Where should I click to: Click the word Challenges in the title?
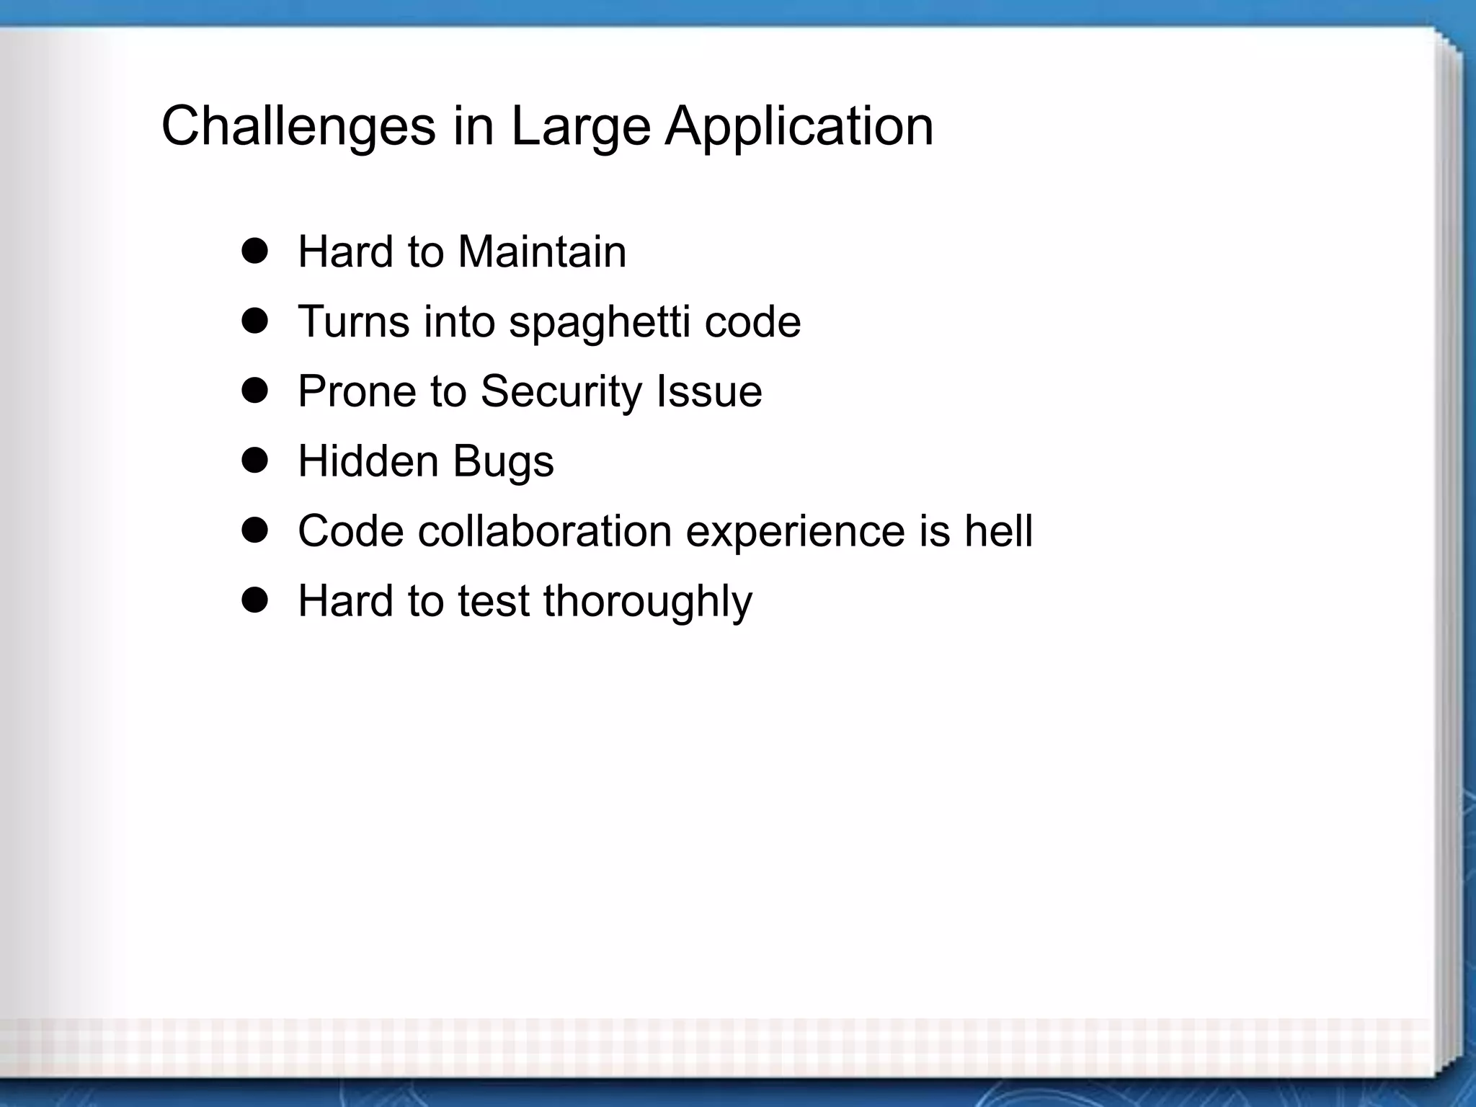298,127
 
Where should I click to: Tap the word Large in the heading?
581,127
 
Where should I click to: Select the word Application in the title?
799,127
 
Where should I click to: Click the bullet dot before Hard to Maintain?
254,252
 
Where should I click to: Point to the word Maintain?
542,252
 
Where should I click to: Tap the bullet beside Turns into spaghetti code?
254,321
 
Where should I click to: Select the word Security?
561,392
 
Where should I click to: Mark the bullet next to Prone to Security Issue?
254,391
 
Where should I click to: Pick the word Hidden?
368,461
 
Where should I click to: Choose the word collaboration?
545,531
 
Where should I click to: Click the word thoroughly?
647,602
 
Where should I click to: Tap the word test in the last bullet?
494,601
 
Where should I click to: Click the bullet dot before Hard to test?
254,600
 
